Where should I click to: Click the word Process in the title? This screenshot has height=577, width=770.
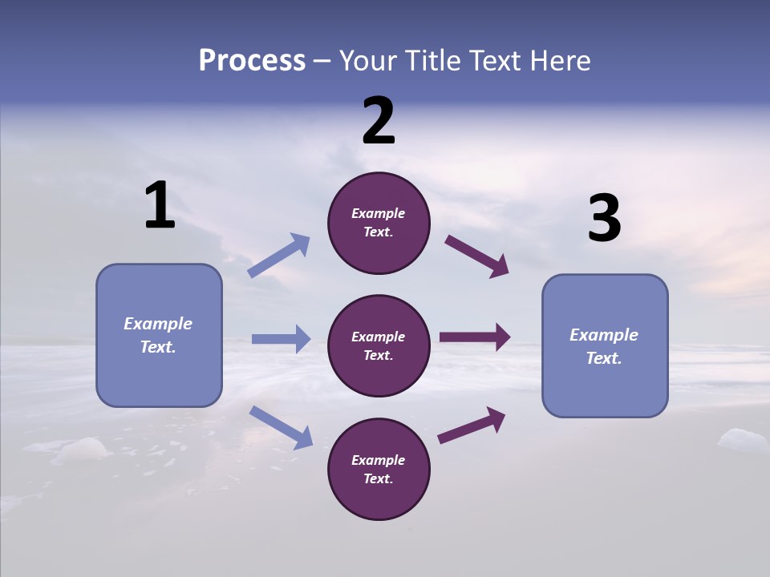pos(252,61)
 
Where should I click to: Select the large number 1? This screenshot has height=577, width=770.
pos(160,206)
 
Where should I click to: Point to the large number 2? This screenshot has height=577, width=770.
pos(379,121)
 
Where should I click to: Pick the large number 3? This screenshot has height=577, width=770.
pos(604,219)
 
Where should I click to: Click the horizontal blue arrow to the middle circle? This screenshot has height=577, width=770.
pos(281,339)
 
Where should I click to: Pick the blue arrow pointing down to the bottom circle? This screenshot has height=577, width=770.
pos(281,427)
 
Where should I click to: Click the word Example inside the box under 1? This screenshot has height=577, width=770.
pos(158,324)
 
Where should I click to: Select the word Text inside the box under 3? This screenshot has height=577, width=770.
pos(603,358)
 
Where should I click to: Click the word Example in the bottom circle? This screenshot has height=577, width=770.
pos(379,460)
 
